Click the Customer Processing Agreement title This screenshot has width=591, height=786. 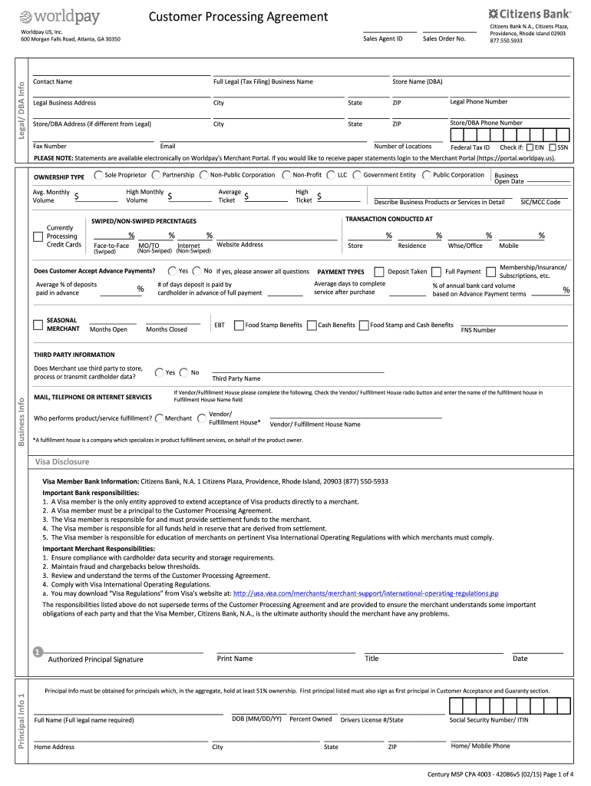point(237,17)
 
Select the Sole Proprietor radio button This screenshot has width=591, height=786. point(98,175)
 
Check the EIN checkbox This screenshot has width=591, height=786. point(529,147)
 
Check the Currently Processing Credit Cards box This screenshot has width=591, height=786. point(38,236)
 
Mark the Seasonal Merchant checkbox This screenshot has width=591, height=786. point(38,325)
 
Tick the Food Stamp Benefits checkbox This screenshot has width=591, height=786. point(239,325)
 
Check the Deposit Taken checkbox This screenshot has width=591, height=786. point(378,272)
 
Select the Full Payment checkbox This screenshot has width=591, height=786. point(436,272)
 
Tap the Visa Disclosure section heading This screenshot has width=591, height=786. point(62,462)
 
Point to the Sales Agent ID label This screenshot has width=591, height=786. point(382,38)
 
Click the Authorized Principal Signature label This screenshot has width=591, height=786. point(95,659)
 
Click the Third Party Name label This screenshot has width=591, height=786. point(236,378)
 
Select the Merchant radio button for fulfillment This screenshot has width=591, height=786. point(159,418)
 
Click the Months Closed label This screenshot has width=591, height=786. point(166,329)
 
